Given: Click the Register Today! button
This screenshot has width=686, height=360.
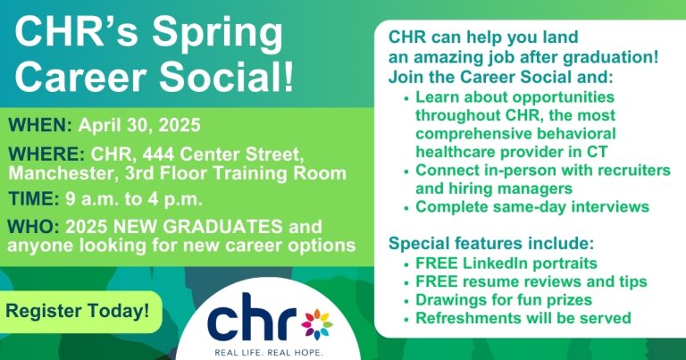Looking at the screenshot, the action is [78, 312].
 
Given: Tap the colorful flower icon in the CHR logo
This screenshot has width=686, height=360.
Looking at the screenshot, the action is [317, 324].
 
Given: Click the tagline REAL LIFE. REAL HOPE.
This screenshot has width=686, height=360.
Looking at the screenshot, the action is [268, 353].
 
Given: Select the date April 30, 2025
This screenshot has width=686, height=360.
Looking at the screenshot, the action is [139, 126].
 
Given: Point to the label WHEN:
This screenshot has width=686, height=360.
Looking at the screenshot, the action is [40, 126].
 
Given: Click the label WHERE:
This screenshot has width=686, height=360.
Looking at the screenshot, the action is [46, 154].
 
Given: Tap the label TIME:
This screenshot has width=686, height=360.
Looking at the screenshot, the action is [34, 199].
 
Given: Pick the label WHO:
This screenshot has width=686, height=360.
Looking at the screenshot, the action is [33, 227].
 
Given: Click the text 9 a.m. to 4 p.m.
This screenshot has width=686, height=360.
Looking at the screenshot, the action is [134, 200].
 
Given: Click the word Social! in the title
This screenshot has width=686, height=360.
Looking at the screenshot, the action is [226, 77].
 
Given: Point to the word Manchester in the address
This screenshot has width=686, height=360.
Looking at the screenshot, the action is [62, 173].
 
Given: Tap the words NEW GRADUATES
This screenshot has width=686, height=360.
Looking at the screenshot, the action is [197, 227].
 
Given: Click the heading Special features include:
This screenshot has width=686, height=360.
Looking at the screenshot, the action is [491, 243].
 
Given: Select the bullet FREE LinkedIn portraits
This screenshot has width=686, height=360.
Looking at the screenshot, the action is [506, 264].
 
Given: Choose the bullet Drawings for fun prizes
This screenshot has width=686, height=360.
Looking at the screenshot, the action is [504, 299].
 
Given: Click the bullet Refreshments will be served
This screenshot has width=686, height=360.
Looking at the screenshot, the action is [523, 318].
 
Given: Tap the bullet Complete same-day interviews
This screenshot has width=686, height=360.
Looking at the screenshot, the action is [532, 207].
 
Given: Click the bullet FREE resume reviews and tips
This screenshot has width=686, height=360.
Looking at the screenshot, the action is [531, 281].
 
